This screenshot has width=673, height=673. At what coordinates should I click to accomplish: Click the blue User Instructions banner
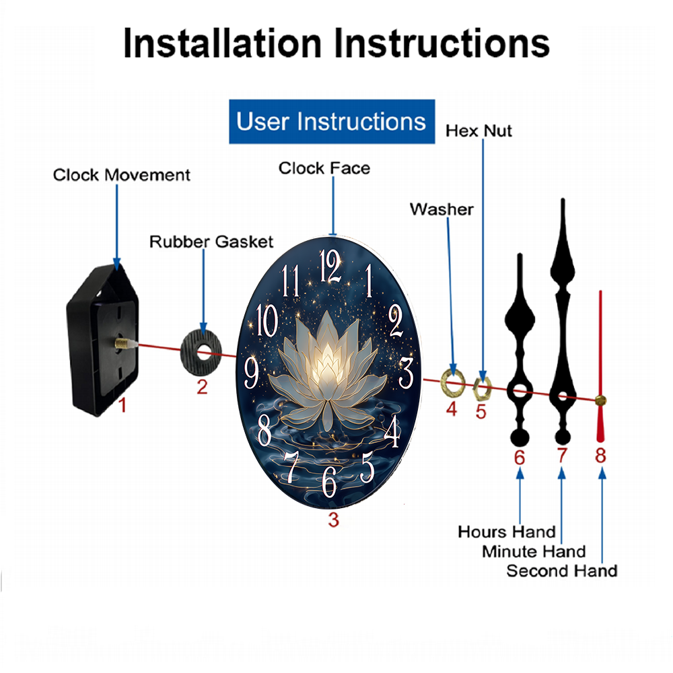tap(332, 121)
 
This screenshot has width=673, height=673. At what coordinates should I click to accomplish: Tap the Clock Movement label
tap(121, 175)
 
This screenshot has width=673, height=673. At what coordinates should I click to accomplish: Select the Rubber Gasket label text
tap(211, 242)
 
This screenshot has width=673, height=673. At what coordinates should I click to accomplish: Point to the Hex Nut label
tap(479, 131)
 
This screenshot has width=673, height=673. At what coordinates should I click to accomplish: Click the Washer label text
tap(441, 209)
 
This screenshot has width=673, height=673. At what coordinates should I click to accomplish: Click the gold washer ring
tap(453, 381)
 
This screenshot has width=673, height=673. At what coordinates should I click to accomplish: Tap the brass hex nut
tap(482, 388)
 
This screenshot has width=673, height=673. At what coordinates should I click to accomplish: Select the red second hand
tap(600, 367)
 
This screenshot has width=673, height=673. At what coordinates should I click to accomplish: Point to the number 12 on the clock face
tap(330, 266)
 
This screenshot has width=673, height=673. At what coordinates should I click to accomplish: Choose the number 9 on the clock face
tap(251, 373)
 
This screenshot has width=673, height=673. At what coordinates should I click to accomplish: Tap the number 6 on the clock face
tap(329, 481)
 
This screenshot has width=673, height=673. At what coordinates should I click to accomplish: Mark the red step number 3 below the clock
tap(334, 520)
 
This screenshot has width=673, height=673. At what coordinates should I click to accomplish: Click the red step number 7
tap(562, 456)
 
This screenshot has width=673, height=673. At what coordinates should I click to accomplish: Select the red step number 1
tap(122, 405)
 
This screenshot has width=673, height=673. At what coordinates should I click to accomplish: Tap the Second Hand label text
tap(562, 571)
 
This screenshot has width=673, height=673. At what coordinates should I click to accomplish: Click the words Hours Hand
tap(507, 532)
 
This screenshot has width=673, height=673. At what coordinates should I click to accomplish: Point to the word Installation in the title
tap(222, 43)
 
